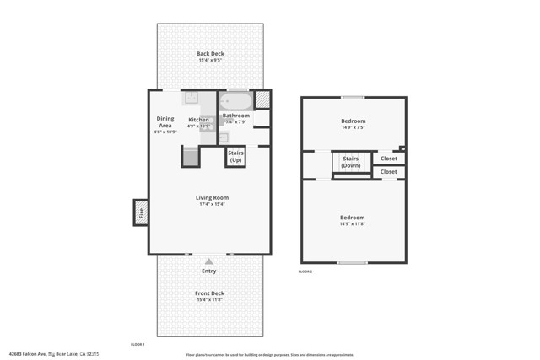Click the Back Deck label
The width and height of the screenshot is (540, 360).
(x=210, y=54)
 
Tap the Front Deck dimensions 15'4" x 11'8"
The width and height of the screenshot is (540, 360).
(x=210, y=299)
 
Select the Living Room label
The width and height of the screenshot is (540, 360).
(x=213, y=198)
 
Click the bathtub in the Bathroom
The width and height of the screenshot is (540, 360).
(x=236, y=102)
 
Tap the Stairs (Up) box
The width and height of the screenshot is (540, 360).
(x=235, y=157)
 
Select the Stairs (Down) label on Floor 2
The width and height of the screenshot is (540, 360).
(x=350, y=161)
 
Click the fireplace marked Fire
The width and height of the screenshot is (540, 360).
(x=141, y=212)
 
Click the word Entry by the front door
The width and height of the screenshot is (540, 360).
(x=209, y=271)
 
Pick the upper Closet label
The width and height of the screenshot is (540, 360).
(x=388, y=158)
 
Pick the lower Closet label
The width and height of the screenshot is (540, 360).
(x=388, y=172)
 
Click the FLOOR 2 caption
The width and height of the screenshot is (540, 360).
(x=305, y=271)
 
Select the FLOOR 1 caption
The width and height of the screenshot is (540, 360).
(x=138, y=345)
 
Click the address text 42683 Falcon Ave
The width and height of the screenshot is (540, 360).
(x=27, y=354)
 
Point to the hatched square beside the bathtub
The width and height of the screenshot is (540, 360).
(x=262, y=99)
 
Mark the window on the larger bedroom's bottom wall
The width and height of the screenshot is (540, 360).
(x=352, y=262)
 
